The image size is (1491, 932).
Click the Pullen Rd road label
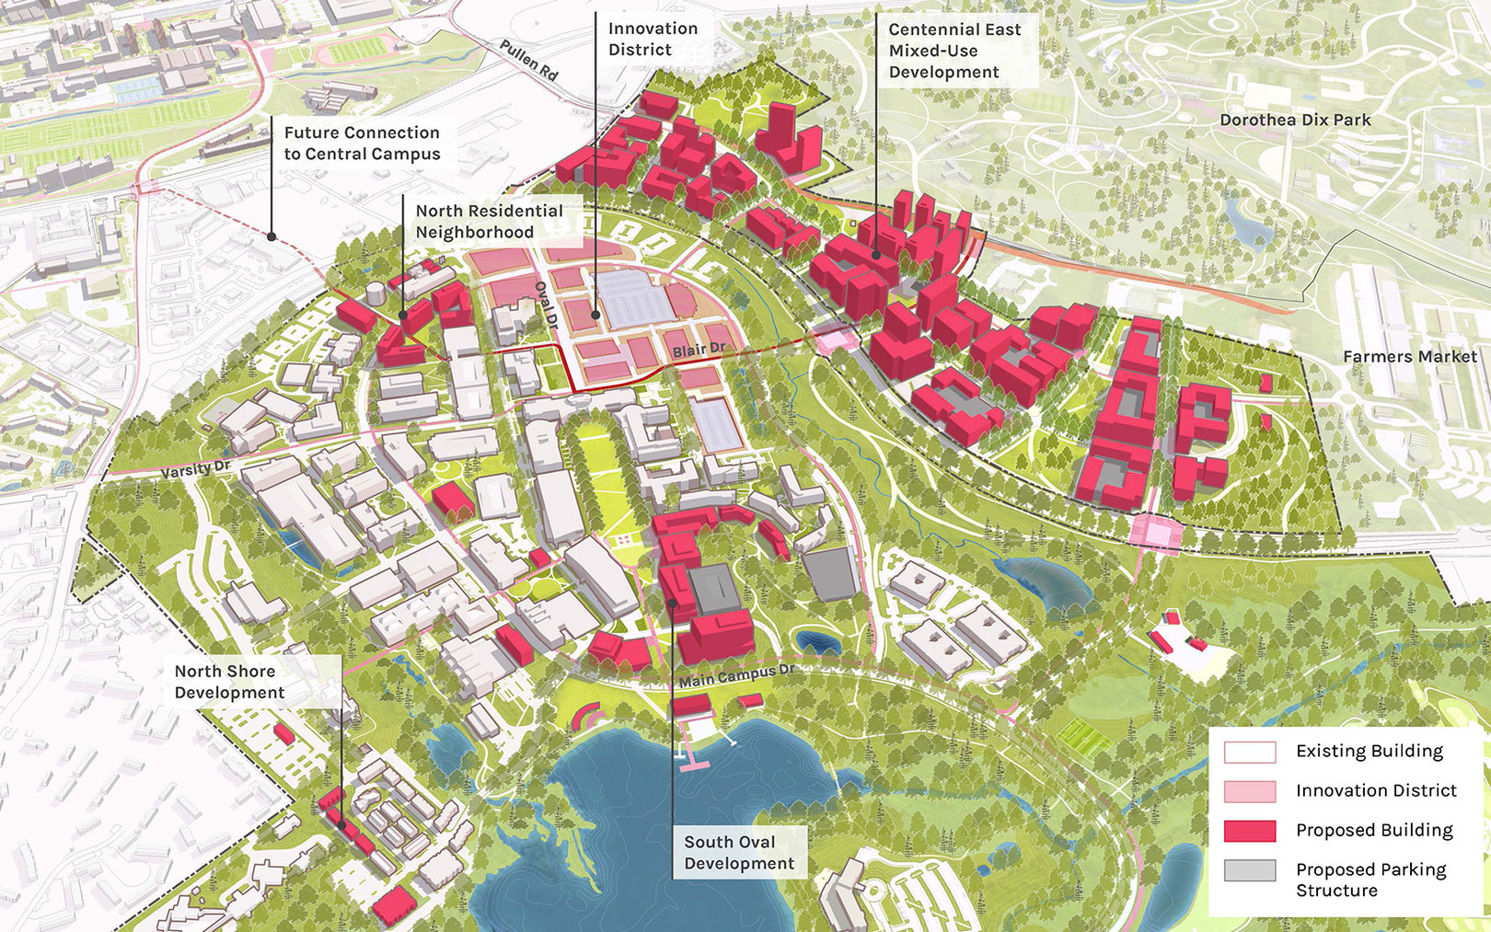[x=529, y=60]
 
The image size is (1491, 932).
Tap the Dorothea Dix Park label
[x=1295, y=120]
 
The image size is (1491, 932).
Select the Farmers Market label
[x=1409, y=356]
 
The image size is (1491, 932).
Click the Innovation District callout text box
[x=653, y=39]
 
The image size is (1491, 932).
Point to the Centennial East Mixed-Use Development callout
[x=954, y=51]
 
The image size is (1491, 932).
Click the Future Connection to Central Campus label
[x=362, y=144]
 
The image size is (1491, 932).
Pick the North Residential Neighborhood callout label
[x=489, y=221]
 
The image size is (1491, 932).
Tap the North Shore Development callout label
[x=229, y=682]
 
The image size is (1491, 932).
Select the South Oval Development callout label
[x=738, y=852]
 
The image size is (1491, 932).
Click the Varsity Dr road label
[x=196, y=469]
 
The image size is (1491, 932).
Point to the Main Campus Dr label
[x=735, y=676]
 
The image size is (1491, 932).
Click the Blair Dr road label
[x=699, y=350]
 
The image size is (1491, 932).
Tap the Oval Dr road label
[x=547, y=305]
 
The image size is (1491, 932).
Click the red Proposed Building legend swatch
[x=1249, y=831]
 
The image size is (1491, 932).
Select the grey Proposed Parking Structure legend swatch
[x=1249, y=870]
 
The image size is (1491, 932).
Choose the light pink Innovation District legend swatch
[x=1249, y=791]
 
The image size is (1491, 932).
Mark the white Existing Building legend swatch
[x=1249, y=752]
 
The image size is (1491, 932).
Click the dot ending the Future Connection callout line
[x=272, y=236]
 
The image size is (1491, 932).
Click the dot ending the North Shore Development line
[x=341, y=824]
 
